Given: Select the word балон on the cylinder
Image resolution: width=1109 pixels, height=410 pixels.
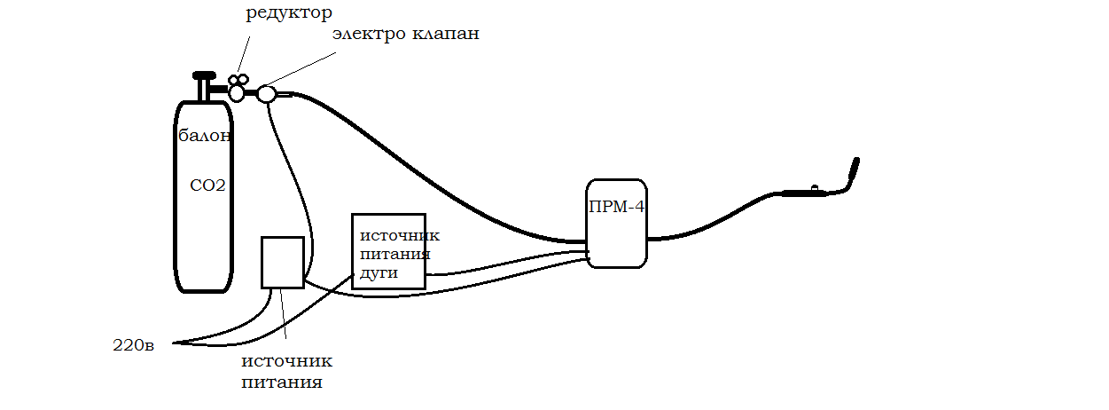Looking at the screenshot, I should pyautogui.click(x=205, y=137).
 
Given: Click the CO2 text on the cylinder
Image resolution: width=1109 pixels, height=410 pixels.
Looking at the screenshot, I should pyautogui.click(x=207, y=186).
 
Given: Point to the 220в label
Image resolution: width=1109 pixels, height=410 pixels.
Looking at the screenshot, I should pyautogui.click(x=134, y=345).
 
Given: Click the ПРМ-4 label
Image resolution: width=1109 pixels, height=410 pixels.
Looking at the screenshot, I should pyautogui.click(x=617, y=208).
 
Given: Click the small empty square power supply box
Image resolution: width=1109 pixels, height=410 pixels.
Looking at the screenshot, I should pyautogui.click(x=282, y=262).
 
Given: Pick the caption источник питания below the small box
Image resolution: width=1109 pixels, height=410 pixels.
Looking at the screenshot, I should pyautogui.click(x=286, y=372).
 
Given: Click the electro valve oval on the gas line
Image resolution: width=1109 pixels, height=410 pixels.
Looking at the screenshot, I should pyautogui.click(x=267, y=93).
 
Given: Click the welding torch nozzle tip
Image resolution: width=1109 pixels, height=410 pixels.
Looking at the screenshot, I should pyautogui.click(x=856, y=162).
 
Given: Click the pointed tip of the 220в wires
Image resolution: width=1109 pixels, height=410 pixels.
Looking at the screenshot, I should pyautogui.click(x=175, y=343).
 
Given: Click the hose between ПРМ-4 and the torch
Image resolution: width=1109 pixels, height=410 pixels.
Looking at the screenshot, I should pyautogui.click(x=709, y=225).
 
